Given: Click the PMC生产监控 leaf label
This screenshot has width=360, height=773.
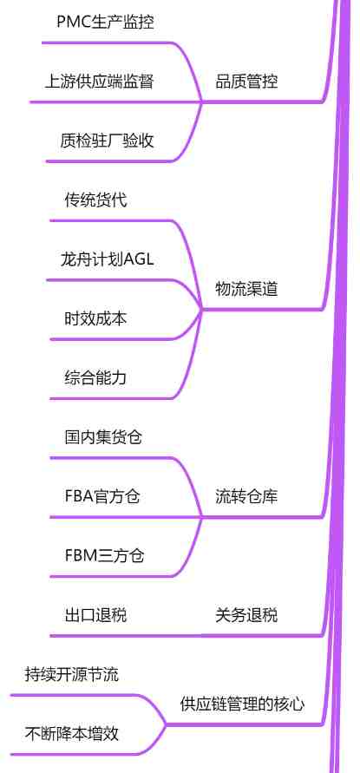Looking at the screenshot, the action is coord(106,23).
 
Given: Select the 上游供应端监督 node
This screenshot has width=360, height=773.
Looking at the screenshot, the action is coord(99,82).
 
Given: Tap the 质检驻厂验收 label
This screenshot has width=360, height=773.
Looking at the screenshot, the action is coord(107,141).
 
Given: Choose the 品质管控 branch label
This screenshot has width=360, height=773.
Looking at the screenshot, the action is coord(246,82).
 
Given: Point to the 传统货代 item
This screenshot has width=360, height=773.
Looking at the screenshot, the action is coord(95,200).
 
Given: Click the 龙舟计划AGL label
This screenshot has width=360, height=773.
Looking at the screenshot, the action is coord(107,259).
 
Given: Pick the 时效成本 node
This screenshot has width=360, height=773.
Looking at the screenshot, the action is coord(95,319).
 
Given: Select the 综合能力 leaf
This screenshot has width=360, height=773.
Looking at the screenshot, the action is coord(95,378).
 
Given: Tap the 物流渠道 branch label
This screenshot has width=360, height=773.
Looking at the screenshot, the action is coord(246,290).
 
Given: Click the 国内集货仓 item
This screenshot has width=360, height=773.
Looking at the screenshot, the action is coord(103,437).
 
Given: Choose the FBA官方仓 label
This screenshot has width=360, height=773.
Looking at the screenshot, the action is coord(102,496).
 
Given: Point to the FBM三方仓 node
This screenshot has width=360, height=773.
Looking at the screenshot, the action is coord(105,556).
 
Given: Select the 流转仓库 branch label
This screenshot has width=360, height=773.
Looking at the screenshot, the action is coord(246,496).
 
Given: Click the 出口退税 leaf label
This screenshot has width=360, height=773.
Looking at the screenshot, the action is coord(95,615).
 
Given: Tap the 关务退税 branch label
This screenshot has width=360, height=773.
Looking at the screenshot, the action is coord(246,615).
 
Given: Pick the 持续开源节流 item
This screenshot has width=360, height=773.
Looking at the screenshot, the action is coord(71,675).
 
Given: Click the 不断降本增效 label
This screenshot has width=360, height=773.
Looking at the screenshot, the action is coord(71,734).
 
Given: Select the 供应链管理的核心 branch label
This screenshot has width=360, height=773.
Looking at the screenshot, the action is coord(242,704).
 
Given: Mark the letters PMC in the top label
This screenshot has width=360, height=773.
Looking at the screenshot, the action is coord(73,23).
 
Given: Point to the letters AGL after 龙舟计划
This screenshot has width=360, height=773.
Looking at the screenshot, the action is coord(139,259).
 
